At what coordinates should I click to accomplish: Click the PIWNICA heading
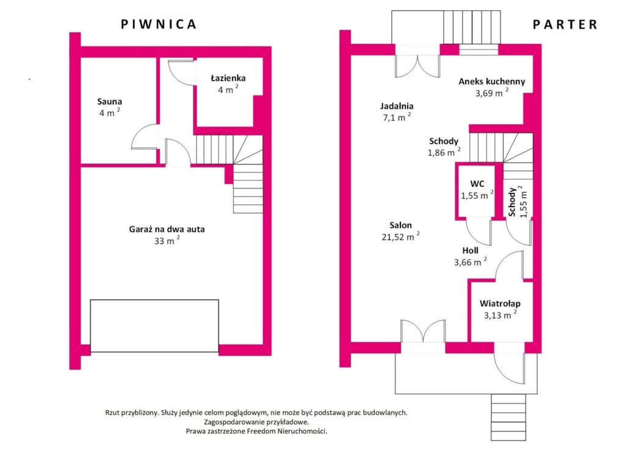(159, 24)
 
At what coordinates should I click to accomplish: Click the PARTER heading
(565, 24)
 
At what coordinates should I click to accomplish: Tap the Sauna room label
(110, 102)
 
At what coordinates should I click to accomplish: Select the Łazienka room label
(228, 78)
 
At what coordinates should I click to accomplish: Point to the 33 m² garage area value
(167, 240)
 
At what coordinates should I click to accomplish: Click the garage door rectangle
(154, 326)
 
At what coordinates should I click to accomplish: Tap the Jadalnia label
(397, 106)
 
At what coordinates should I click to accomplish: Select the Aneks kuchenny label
(492, 82)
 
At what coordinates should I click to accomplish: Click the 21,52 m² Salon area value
(400, 236)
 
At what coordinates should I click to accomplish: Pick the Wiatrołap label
(500, 303)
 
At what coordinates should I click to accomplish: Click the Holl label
(471, 250)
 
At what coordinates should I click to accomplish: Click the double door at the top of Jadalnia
(417, 66)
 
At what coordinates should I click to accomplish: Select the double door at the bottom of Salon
(423, 331)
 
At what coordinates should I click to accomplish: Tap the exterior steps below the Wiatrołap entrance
(508, 417)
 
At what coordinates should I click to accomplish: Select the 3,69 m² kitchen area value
(492, 93)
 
